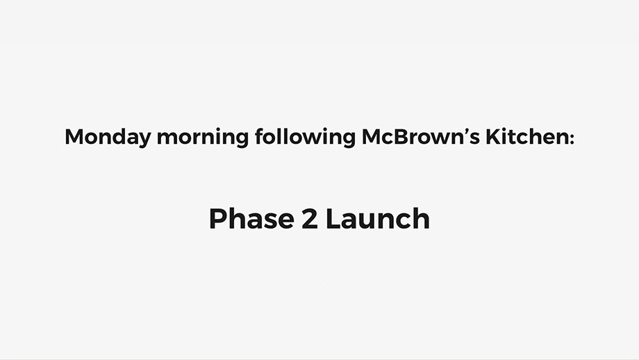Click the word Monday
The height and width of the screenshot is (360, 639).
point(108,138)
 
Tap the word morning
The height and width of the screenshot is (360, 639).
point(203,138)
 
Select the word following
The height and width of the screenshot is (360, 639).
point(305,138)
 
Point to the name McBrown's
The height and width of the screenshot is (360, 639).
point(421,136)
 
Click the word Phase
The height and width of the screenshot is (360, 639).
point(251,218)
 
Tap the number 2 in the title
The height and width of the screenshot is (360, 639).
point(309,219)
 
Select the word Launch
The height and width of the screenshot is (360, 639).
point(378,218)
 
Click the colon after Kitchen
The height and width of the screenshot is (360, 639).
point(571,139)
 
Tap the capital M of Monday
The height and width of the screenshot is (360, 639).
point(74,137)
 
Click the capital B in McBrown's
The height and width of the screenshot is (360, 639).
point(400,137)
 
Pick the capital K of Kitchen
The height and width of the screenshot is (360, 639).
point(493,137)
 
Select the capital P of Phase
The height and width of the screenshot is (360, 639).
point(218,219)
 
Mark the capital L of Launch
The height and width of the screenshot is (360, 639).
point(334,219)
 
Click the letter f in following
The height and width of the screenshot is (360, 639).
point(260,136)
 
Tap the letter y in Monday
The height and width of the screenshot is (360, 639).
point(144,140)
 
